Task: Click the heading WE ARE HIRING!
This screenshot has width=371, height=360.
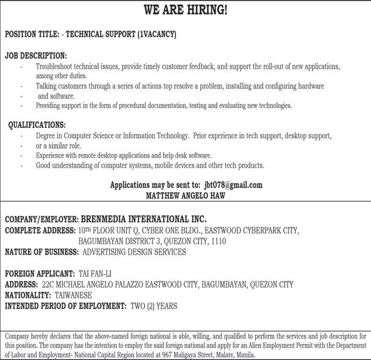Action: pyautogui.click(x=185, y=10)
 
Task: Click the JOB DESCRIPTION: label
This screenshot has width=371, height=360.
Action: pyautogui.click(x=36, y=55)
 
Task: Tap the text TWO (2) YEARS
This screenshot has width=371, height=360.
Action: pyautogui.click(x=154, y=306)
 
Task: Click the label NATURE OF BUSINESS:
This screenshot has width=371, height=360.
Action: pyautogui.click(x=41, y=252)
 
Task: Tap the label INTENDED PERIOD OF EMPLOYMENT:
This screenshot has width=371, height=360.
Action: pyautogui.click(x=66, y=306)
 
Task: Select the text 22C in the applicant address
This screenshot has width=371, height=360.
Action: pyautogui.click(x=48, y=284)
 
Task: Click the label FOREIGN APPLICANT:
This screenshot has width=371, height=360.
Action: pyautogui.click(x=40, y=274)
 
